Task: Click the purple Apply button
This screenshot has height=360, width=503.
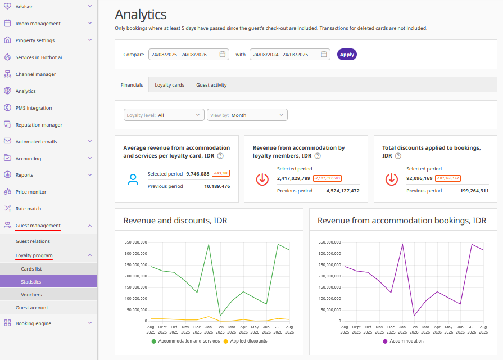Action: pos(347,55)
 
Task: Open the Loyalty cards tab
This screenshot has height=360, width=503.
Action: pos(169,85)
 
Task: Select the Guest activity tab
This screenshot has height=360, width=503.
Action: pos(211,85)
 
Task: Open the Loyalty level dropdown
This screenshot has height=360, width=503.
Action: pos(164,115)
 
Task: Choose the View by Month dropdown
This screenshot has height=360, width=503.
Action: pos(247,115)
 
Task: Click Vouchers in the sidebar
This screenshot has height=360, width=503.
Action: pos(31,295)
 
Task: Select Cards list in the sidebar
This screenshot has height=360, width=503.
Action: pos(31,269)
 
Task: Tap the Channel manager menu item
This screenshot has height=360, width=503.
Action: pos(35,74)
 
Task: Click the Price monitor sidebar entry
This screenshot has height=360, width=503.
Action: pos(31,192)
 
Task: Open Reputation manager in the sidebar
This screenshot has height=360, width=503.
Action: pos(39,125)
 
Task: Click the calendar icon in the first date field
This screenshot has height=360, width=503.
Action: pos(223,54)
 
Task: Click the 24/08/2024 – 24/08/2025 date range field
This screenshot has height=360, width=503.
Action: pos(290,55)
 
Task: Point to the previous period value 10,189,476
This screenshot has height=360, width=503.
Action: pos(217,186)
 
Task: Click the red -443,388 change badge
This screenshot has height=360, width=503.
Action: pos(221,173)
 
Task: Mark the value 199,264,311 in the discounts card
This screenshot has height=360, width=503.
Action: pos(474,191)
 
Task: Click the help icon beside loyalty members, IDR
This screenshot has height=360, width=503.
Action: pos(318,156)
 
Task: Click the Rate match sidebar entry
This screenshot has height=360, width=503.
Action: pos(28,209)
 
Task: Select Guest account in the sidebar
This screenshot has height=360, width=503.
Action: pos(32,308)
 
